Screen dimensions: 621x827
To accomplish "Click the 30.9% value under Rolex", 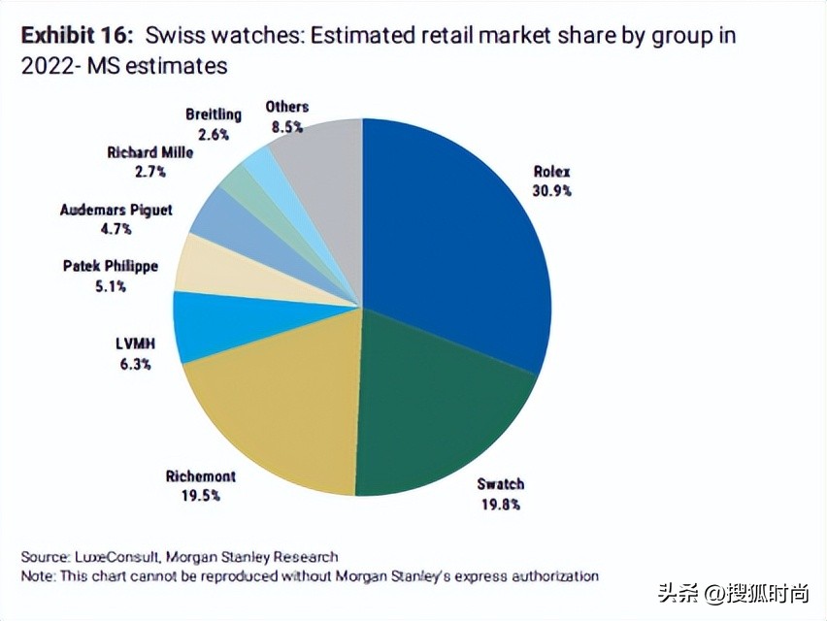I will [551, 191].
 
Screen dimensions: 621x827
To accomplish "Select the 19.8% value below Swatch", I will [500, 504].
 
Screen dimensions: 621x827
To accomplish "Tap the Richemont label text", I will [200, 476].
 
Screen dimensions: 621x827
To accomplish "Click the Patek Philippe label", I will [110, 265].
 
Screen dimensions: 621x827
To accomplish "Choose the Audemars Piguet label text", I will [116, 210].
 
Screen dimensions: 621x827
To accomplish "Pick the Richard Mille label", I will [150, 152].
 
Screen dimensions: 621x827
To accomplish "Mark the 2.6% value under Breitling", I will [213, 133].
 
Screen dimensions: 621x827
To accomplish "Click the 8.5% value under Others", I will [286, 126].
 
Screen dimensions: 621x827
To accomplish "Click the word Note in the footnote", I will [37, 576].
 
